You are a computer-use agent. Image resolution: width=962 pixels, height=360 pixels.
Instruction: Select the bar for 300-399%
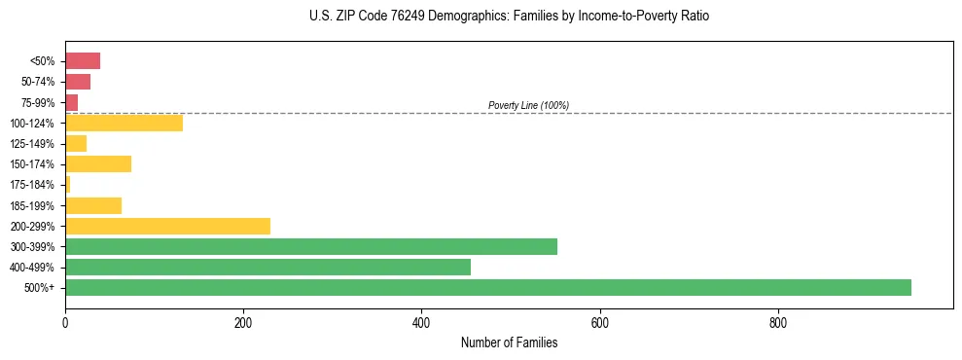point(311,246)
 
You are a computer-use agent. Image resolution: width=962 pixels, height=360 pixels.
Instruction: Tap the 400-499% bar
point(267,267)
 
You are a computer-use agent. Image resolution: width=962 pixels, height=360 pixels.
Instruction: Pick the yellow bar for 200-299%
point(167,226)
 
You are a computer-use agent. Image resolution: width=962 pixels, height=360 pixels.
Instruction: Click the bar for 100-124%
point(124,123)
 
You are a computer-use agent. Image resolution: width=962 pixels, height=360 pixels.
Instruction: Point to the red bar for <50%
point(83,61)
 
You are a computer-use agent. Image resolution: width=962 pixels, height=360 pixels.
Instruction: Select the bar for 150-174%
point(98,163)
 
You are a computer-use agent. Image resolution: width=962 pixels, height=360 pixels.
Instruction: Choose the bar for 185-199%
point(93,205)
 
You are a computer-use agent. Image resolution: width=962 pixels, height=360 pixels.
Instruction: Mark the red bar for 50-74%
point(78,82)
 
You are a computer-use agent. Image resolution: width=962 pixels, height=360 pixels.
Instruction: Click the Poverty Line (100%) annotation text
point(528,105)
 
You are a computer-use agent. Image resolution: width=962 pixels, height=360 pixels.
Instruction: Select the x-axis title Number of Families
point(509,342)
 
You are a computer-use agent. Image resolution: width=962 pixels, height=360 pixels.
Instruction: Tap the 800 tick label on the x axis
point(777,322)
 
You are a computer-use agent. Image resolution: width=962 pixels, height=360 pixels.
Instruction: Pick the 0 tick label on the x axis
point(65,322)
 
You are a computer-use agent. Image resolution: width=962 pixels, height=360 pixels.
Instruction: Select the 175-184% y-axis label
point(33,185)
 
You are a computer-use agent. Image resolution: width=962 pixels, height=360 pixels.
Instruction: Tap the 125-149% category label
point(33,144)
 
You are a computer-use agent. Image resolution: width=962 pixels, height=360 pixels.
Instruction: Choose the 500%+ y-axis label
point(40,288)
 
